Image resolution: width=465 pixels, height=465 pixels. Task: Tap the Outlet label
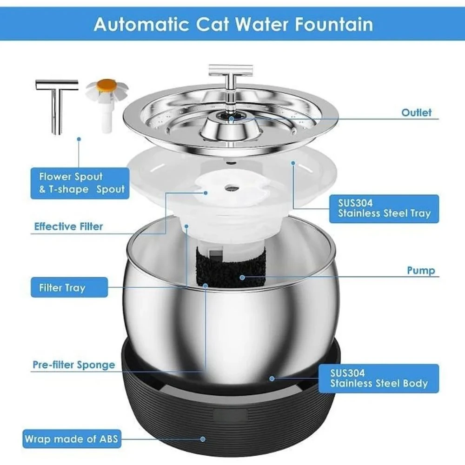click(417, 113)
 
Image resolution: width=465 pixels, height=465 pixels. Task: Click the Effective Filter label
click(68, 227)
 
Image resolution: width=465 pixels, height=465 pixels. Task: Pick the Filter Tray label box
click(69, 287)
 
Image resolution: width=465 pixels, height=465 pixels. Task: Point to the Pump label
click(421, 270)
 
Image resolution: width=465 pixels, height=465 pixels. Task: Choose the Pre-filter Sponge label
click(73, 364)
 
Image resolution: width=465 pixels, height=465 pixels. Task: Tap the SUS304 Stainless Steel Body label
click(379, 378)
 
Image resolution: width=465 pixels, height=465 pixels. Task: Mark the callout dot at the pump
click(242, 277)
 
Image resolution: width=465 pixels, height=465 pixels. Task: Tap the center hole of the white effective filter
click(231, 187)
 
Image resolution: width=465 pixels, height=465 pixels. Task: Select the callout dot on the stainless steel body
click(272, 378)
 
